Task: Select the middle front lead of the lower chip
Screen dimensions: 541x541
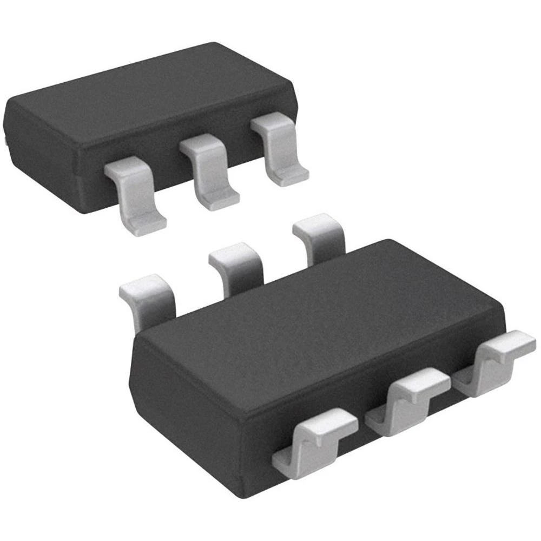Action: pyautogui.click(x=408, y=395)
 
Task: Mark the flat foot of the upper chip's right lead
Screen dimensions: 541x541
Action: pyautogui.click(x=292, y=176)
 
